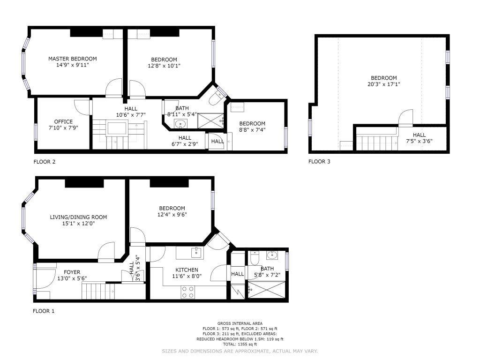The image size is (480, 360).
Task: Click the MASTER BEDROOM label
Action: pos(73,59)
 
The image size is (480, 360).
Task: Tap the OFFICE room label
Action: pos(63,121)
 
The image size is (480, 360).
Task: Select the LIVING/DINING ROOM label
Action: pos(78,217)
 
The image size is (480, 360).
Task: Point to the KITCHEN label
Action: pos(187,270)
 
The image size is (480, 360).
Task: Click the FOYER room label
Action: pos(72,272)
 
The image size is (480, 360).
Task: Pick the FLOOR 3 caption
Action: pos(319,161)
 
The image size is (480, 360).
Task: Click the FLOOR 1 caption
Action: pos(44,311)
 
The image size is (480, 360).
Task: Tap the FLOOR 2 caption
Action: pos(45,161)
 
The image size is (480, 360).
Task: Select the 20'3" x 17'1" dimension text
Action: pos(384,84)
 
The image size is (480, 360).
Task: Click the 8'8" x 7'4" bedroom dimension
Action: pos(252,130)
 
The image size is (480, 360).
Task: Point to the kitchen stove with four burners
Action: pos(188,292)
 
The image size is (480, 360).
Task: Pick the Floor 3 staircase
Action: pos(377,143)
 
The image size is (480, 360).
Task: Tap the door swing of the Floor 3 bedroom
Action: pos(406,118)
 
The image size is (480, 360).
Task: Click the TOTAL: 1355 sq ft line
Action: pos(240,345)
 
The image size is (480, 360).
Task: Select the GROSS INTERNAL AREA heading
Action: pos(240,323)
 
